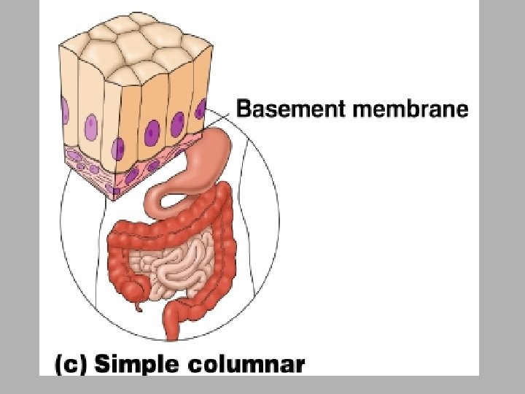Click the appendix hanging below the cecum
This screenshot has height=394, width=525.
coord(137,302)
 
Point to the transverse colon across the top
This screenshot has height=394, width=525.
coord(168,226)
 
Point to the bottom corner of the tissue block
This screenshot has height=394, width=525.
coord(113,197)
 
